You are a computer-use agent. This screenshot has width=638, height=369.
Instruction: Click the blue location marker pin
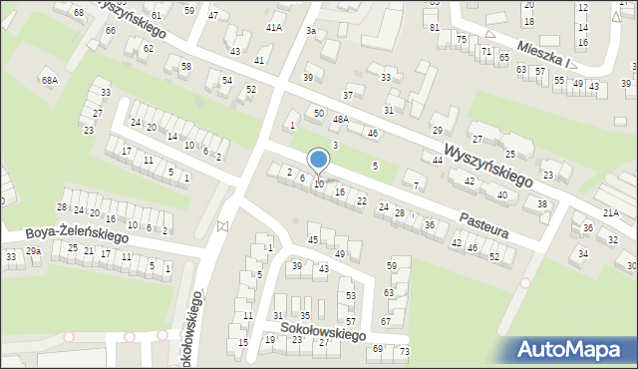318,161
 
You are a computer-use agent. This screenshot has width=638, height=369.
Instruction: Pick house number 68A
49,79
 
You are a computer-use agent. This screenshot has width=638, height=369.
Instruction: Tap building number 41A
274,28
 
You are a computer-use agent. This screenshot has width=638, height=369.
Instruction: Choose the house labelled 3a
311,32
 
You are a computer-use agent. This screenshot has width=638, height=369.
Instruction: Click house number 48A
341,120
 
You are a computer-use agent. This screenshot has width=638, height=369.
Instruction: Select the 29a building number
34,251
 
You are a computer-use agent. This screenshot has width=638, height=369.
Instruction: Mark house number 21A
611,212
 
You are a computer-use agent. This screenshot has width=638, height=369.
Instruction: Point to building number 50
318,114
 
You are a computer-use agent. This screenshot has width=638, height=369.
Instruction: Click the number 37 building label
348,95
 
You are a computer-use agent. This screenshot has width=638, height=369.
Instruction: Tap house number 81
434,27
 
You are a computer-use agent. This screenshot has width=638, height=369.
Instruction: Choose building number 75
461,38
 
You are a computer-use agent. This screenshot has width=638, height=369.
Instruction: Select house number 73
404,352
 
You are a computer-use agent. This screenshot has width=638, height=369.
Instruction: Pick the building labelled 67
386,322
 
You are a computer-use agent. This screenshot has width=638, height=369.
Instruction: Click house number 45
313,240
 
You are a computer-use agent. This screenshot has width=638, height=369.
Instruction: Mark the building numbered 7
417,185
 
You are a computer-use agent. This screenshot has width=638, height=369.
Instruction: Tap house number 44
437,160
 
